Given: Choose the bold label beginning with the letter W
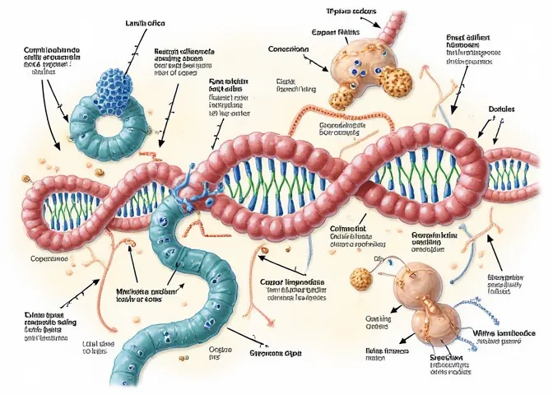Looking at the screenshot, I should [x=503, y=332].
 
